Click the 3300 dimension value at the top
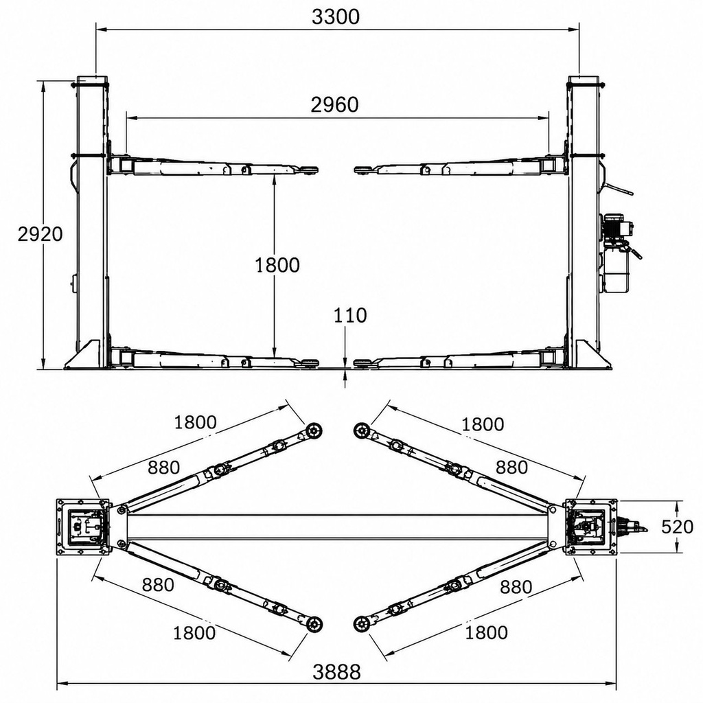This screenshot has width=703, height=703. coord(335,17)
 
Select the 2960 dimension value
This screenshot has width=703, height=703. coord(335,105)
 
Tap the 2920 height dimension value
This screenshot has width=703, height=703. coord(40,234)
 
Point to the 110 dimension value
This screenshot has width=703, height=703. coord(350,316)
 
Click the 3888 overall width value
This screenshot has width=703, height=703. coord(336,672)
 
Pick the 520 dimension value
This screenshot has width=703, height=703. coord(678,527)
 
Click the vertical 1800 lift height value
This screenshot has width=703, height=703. coord(277,266)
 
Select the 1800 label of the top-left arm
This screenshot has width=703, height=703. coord(195,422)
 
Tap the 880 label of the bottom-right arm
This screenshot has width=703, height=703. coord(516,587)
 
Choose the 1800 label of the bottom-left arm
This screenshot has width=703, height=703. coord(194,633)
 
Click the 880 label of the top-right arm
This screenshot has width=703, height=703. coord(511,468)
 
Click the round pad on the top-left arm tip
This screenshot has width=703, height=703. coord(314,431)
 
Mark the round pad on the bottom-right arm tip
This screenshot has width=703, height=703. coord(361,623)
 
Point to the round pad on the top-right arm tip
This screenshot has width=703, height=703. coord(361,431)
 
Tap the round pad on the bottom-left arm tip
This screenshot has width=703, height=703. coord(314,623)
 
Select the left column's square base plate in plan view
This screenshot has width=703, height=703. coord(82,527)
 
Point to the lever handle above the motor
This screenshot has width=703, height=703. coord(618,188)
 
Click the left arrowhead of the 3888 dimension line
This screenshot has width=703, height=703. coord(62,684)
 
